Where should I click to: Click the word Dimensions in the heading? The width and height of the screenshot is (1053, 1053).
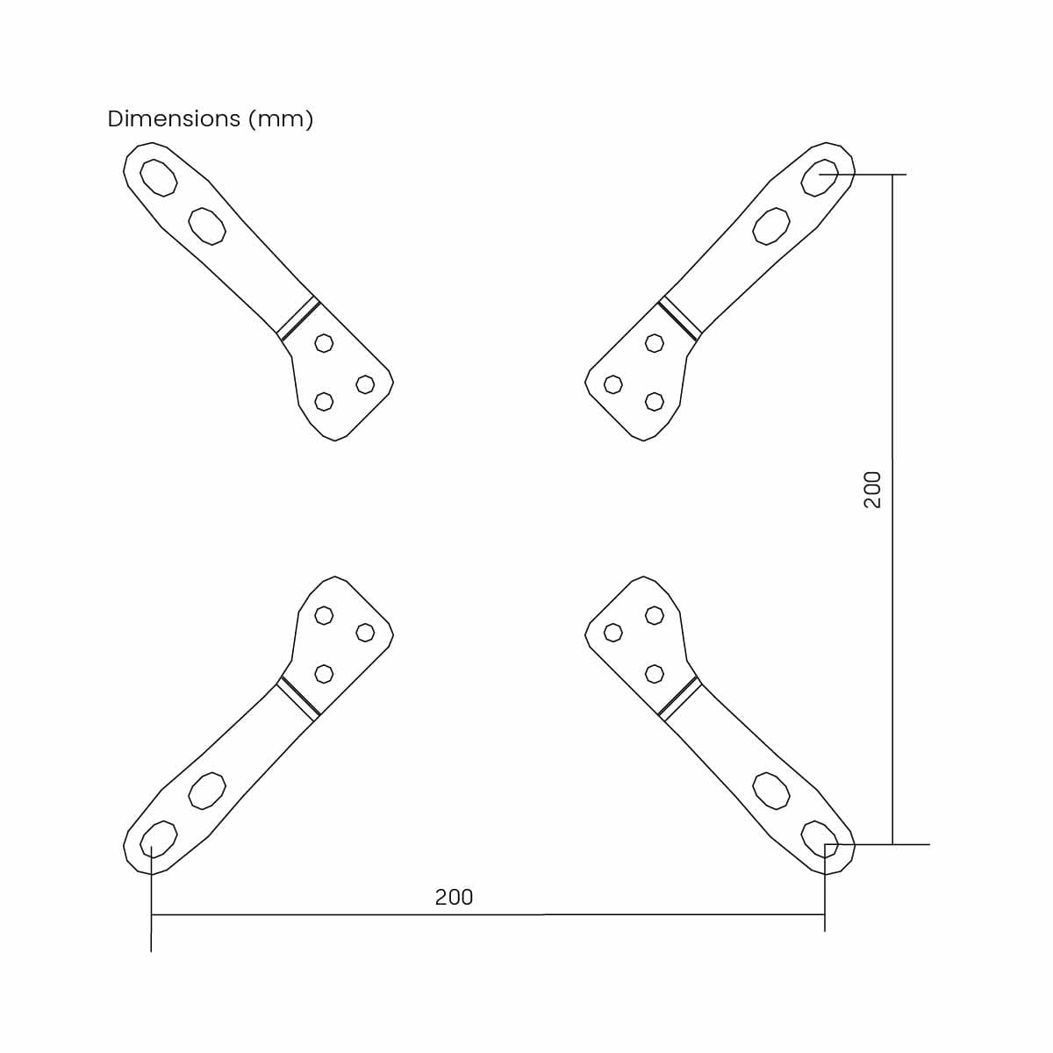click(174, 118)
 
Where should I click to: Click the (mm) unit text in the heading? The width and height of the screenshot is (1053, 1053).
click(281, 119)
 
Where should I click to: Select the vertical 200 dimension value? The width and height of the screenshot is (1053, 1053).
click(872, 490)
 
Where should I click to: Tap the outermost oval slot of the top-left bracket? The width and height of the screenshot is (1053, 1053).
click(158, 177)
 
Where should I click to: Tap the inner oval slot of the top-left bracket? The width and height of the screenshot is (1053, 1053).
click(206, 226)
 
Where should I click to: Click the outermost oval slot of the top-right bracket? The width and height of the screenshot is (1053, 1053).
click(819, 177)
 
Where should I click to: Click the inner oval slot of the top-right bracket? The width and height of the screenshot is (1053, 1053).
click(770, 226)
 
